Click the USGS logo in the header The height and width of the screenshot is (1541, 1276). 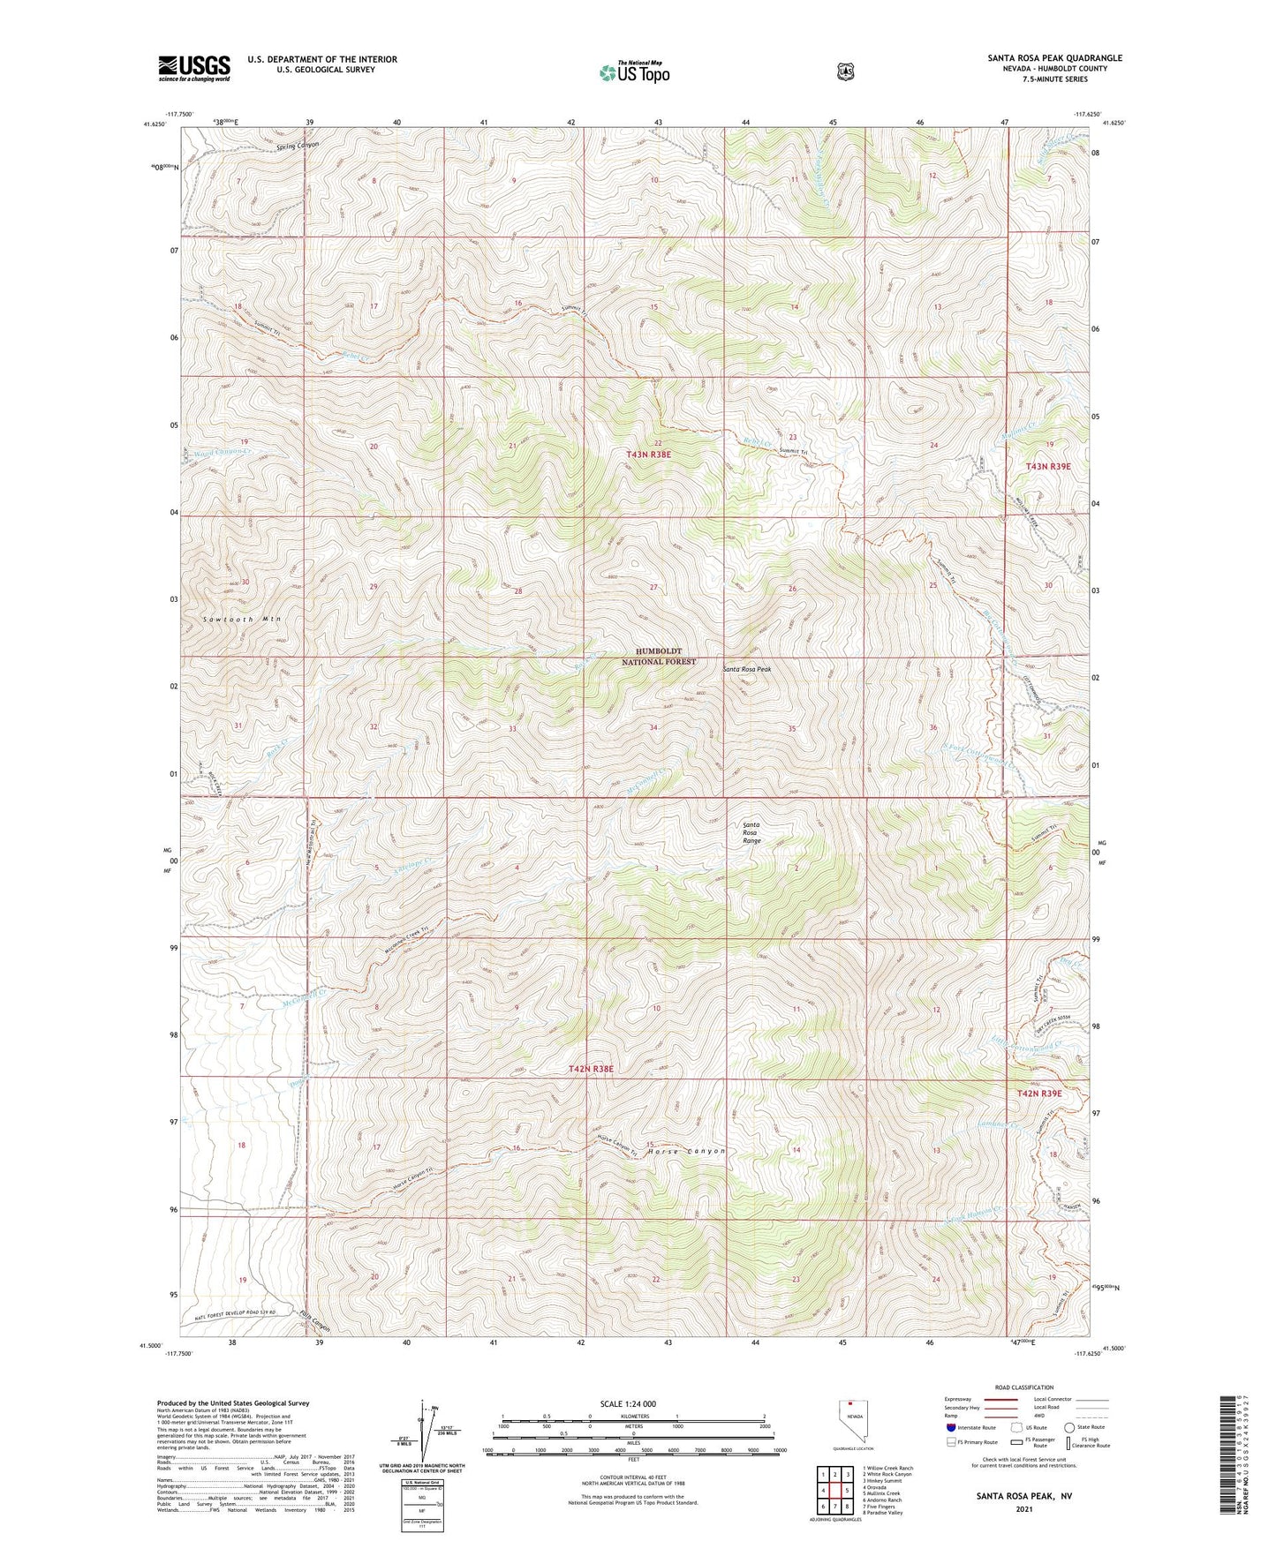(x=194, y=68)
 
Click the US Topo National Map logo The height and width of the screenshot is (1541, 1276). (x=633, y=71)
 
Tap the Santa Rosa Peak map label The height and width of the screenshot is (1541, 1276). (x=746, y=669)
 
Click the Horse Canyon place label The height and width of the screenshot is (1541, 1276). (x=686, y=1151)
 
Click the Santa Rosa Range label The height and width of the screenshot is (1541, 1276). (x=751, y=832)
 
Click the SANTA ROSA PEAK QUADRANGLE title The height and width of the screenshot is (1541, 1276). (x=1054, y=58)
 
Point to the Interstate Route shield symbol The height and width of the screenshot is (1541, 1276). (x=950, y=1426)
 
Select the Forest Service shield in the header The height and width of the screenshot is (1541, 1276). (x=846, y=71)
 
